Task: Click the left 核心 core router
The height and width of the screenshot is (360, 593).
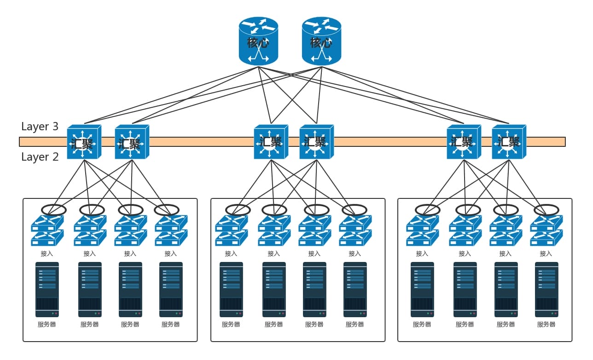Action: [259, 41]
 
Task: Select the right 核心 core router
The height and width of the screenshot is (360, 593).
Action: [321, 41]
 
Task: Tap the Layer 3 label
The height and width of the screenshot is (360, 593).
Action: [40, 127]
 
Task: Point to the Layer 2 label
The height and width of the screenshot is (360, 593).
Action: [40, 157]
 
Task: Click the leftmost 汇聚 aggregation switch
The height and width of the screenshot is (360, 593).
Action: [83, 142]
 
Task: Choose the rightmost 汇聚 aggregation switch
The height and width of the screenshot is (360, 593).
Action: [508, 142]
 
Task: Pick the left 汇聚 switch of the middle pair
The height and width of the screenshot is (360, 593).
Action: [270, 142]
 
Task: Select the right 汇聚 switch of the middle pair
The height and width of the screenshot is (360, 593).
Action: [316, 142]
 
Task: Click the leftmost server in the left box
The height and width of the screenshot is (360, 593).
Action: [47, 290]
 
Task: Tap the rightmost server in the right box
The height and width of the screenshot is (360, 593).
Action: [546, 290]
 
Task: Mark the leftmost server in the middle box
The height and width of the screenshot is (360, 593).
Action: [231, 290]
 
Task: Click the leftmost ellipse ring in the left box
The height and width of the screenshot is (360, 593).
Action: [54, 210]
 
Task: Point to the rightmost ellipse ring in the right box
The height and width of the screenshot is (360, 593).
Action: [546, 210]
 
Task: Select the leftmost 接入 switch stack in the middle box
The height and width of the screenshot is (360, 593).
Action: [231, 231]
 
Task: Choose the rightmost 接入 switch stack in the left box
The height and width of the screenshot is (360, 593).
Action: [171, 231]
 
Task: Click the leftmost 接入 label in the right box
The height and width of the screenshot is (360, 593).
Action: [422, 254]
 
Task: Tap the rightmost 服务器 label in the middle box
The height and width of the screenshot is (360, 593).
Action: [355, 325]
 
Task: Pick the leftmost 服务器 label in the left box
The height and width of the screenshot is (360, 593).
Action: [47, 325]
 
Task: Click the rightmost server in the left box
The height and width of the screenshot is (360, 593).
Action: [171, 290]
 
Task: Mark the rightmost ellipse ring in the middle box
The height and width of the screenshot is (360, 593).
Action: [355, 210]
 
